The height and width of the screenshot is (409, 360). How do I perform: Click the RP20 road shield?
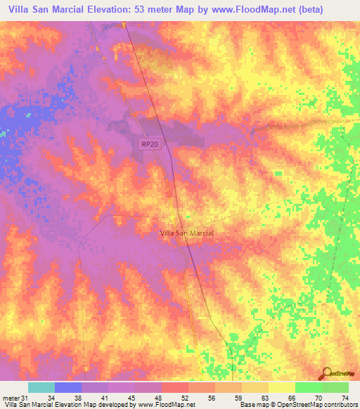click(x=148, y=143)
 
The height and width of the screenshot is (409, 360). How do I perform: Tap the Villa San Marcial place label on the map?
click(x=187, y=233)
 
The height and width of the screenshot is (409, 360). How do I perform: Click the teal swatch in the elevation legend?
click(x=41, y=387)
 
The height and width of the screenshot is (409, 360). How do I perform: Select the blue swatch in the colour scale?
click(x=68, y=387)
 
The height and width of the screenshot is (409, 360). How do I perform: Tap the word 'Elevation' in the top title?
click(x=102, y=9)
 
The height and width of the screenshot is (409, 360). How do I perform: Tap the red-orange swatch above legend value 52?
click(x=175, y=387)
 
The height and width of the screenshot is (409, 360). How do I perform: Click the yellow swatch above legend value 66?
click(x=282, y=387)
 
